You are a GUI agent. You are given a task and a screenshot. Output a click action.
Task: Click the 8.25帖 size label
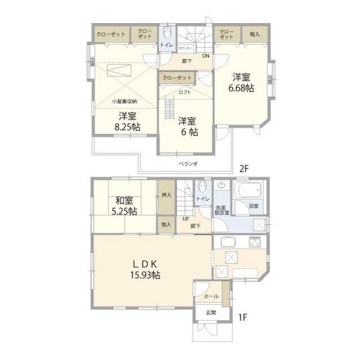tap(127, 127)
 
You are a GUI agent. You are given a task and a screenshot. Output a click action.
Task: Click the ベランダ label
tap(188, 163)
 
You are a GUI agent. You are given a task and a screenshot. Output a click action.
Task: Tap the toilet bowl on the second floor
tap(166, 32)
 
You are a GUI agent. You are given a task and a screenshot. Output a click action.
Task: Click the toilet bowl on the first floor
tap(201, 187)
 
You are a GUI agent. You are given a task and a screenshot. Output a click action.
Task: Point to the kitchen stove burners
tap(254, 242)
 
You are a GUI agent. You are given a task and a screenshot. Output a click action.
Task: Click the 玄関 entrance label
tap(210, 313)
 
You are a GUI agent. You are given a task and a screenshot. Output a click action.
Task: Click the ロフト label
tap(184, 92)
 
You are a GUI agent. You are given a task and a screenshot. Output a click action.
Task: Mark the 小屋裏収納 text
tap(124, 101)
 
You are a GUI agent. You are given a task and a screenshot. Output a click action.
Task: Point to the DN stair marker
tap(205, 55)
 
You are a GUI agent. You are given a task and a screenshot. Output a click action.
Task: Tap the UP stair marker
tap(184, 219)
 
